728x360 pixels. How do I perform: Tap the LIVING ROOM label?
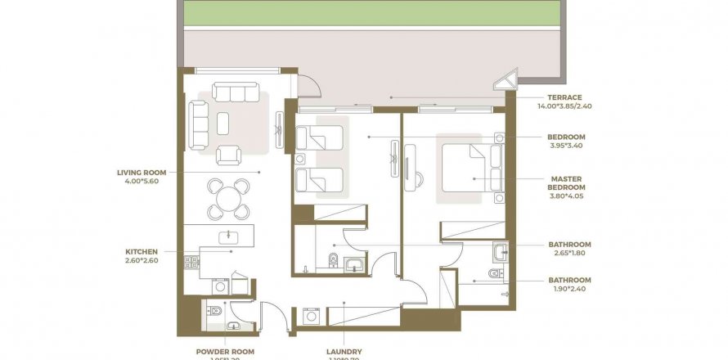142,173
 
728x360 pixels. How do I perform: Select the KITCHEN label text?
141,252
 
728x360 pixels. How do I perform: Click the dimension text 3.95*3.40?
567,146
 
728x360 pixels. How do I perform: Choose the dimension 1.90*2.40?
568,289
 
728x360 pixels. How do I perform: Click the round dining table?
229,197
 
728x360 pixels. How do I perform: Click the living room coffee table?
223,123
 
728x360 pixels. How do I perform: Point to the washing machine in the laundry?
310,316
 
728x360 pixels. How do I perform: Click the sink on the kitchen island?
227,236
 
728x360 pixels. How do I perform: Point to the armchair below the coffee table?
228,154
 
